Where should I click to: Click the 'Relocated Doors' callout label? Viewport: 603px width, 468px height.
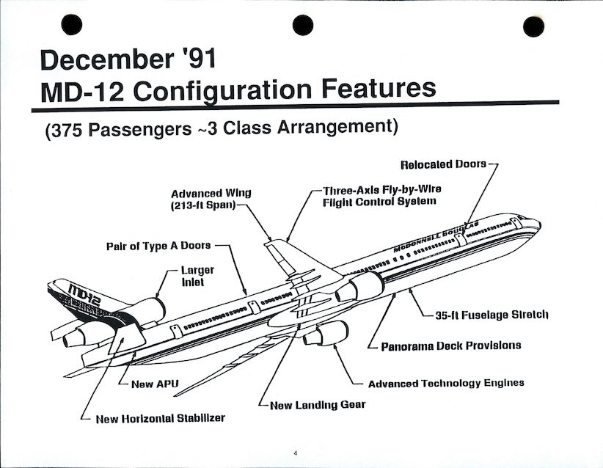(443, 164)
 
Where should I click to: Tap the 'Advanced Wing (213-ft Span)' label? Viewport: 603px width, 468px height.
(211, 199)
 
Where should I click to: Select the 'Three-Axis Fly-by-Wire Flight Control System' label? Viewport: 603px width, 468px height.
(381, 194)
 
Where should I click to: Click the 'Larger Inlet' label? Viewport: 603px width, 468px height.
(197, 276)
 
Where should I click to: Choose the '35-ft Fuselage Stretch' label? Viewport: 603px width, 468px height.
(491, 315)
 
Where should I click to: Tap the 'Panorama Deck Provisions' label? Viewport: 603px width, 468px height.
(450, 345)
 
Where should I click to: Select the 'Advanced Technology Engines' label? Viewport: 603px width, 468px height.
(446, 383)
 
